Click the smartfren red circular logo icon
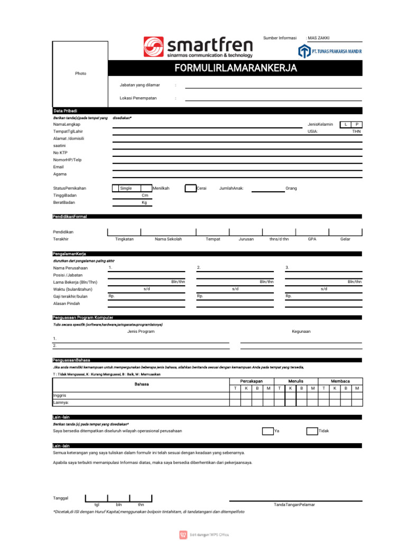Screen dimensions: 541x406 [x=153, y=46]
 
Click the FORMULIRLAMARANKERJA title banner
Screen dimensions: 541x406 [x=236, y=69]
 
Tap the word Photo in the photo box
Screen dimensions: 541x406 [x=80, y=73]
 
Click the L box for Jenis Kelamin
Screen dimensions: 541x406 [x=345, y=124]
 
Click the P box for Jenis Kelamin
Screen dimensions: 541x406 [x=357, y=124]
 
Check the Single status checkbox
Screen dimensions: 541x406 [x=115, y=188]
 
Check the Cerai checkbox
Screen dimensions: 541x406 [x=190, y=188]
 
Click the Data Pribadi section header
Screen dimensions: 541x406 [x=65, y=111]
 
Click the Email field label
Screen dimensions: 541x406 [x=58, y=166]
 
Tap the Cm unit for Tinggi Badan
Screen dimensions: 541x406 [x=144, y=195]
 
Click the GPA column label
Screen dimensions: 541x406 [x=312, y=239]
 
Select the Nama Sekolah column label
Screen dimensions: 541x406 [x=168, y=239]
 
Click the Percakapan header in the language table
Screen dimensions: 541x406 [x=252, y=381]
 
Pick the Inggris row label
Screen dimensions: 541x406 [x=60, y=395]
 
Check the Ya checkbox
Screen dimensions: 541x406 [x=267, y=431]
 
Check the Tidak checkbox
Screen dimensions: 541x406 [x=312, y=431]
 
